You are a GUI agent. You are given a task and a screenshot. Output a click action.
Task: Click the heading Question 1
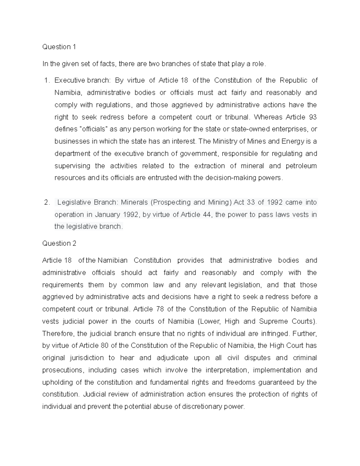click(59, 47)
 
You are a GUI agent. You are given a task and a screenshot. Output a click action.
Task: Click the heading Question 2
click(59, 243)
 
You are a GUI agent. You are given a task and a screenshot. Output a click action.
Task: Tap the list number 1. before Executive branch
click(46, 80)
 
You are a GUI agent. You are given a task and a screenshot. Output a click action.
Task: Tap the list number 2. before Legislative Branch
click(46, 203)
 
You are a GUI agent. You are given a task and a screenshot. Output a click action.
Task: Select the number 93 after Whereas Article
click(313, 117)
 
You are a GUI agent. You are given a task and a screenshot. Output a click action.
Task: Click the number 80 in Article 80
click(104, 346)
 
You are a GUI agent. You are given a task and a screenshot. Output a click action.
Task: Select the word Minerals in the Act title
click(134, 203)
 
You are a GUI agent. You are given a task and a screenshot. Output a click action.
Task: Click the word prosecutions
click(62, 370)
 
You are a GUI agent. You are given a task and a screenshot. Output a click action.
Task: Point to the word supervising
click(72, 166)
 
